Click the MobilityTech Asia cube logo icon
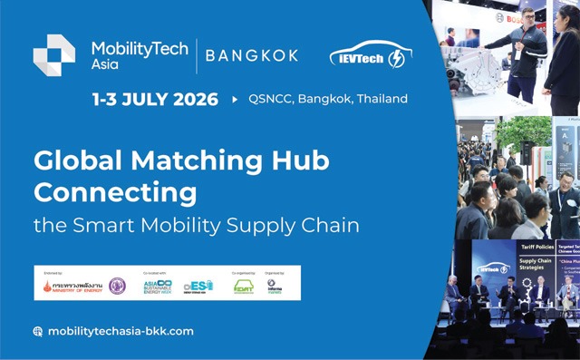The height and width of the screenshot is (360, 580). pos(54,55)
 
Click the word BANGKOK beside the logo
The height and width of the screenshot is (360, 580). pos(252,55)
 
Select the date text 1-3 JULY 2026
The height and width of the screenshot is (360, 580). pos(154,99)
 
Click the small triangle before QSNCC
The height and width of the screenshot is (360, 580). pos(235,99)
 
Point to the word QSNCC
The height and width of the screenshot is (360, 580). pos(270,99)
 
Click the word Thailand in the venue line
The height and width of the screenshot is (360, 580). pos(382,99)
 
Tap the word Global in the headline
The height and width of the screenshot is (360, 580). pos(72,161)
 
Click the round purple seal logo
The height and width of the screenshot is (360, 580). pos(117,286)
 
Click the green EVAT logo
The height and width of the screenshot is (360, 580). pos(243,287)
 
